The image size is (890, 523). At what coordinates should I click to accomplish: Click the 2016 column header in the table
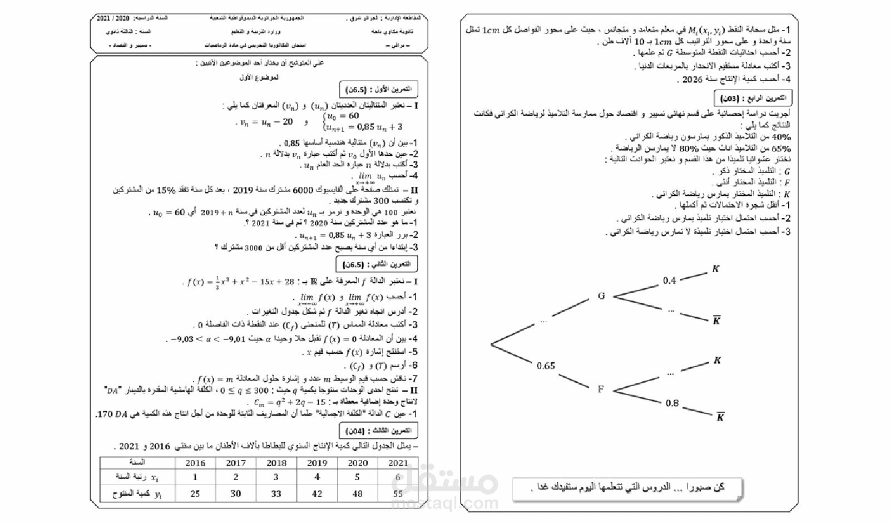195,463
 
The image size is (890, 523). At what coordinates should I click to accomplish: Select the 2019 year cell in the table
317,463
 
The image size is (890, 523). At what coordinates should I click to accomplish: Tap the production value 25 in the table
195,494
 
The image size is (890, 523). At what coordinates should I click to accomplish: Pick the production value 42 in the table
317,494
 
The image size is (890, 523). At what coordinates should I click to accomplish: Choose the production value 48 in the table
358,494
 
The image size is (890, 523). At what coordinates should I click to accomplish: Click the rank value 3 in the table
276,477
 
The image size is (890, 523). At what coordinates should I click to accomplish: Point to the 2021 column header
398,463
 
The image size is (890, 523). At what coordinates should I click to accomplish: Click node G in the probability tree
601,296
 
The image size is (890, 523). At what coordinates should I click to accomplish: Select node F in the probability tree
601,389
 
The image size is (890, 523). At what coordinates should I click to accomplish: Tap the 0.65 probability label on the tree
546,366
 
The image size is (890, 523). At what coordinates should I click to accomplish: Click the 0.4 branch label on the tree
670,280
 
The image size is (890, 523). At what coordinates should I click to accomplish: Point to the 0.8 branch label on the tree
672,403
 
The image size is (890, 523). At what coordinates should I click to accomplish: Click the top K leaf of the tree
716,269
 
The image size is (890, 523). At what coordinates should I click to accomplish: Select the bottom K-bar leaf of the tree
720,417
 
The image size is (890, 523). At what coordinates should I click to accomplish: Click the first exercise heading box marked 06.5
378,89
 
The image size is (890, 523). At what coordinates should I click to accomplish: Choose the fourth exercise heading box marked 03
753,98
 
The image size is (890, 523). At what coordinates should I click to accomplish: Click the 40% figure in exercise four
782,137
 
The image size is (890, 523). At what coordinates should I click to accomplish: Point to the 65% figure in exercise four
782,149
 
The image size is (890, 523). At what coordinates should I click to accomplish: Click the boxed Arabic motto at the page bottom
627,487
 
